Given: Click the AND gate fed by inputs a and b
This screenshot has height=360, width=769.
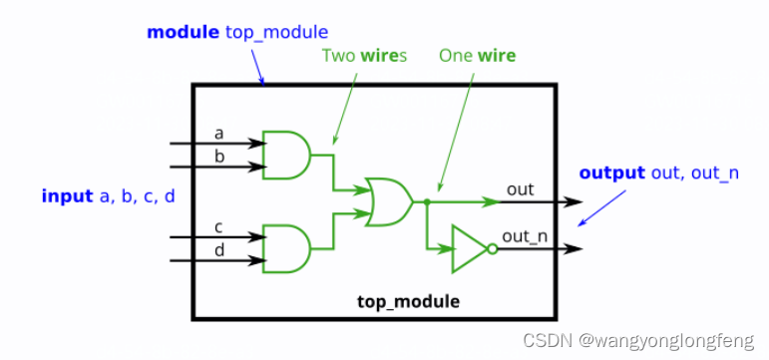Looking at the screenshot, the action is click(x=286, y=155).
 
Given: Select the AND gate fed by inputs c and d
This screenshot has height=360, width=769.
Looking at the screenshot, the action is click(x=286, y=248).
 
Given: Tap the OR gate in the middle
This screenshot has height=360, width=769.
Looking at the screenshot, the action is click(x=390, y=201).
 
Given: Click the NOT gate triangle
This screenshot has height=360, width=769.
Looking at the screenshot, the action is click(x=470, y=248).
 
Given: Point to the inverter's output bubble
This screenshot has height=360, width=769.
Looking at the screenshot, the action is click(x=493, y=249).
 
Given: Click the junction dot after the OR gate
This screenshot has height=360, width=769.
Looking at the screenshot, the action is click(x=427, y=201).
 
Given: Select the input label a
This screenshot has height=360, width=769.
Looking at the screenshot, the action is click(x=218, y=133).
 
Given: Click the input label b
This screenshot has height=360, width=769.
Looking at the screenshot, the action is click(x=218, y=156).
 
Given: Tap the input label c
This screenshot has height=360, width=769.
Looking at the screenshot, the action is click(x=218, y=227).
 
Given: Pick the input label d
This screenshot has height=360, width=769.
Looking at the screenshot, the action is click(x=218, y=250).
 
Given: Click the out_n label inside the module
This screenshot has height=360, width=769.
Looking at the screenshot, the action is click(x=525, y=236).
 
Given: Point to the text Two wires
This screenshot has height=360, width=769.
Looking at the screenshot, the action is click(x=364, y=56).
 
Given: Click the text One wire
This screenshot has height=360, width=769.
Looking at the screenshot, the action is click(x=477, y=56).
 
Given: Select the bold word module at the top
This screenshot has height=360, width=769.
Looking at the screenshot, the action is click(x=183, y=32).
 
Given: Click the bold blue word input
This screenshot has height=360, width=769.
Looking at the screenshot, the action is click(x=67, y=196).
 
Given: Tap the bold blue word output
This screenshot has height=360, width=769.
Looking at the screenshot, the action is click(x=612, y=174).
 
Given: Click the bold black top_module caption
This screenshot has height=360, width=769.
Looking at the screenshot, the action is click(x=408, y=301).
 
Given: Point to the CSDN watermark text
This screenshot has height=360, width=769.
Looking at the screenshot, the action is click(x=638, y=340).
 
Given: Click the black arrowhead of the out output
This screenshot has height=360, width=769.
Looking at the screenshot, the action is click(x=574, y=201).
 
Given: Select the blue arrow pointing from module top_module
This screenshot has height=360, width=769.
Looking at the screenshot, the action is click(x=258, y=67).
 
